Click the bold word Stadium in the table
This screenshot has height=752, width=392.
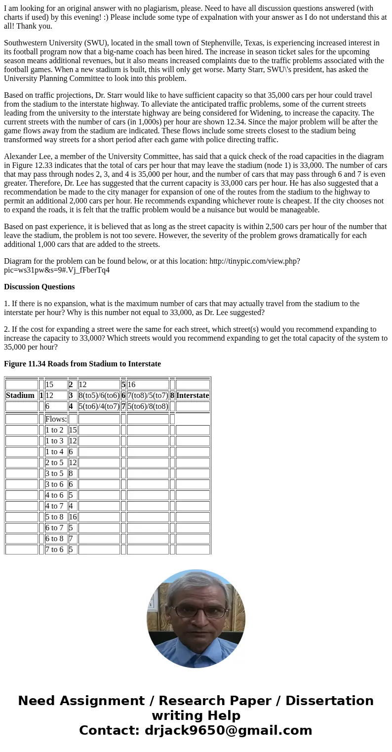pyautogui.click(x=20, y=396)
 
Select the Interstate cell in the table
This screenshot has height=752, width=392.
pyautogui.click(x=192, y=396)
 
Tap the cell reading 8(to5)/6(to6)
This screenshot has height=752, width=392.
pyautogui.click(x=99, y=396)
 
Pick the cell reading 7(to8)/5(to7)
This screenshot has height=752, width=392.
pyautogui.click(x=148, y=396)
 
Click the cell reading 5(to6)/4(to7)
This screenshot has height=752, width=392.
pyautogui.click(x=99, y=406)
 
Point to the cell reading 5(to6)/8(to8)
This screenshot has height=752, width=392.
pyautogui.click(x=148, y=406)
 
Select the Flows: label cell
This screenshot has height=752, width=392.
pyautogui.click(x=56, y=419)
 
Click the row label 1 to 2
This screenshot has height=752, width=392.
pyautogui.click(x=54, y=430)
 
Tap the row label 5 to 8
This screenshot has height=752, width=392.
pyautogui.click(x=54, y=517)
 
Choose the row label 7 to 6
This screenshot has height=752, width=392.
pyautogui.click(x=54, y=550)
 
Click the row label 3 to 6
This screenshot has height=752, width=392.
pyautogui.click(x=54, y=484)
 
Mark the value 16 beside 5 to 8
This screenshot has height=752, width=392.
pyautogui.click(x=73, y=517)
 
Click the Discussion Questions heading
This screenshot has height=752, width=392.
pyautogui.click(x=39, y=287)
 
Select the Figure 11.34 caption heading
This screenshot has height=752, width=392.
pyautogui.click(x=82, y=364)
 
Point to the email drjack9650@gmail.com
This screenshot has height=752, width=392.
pyautogui.click(x=228, y=731)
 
